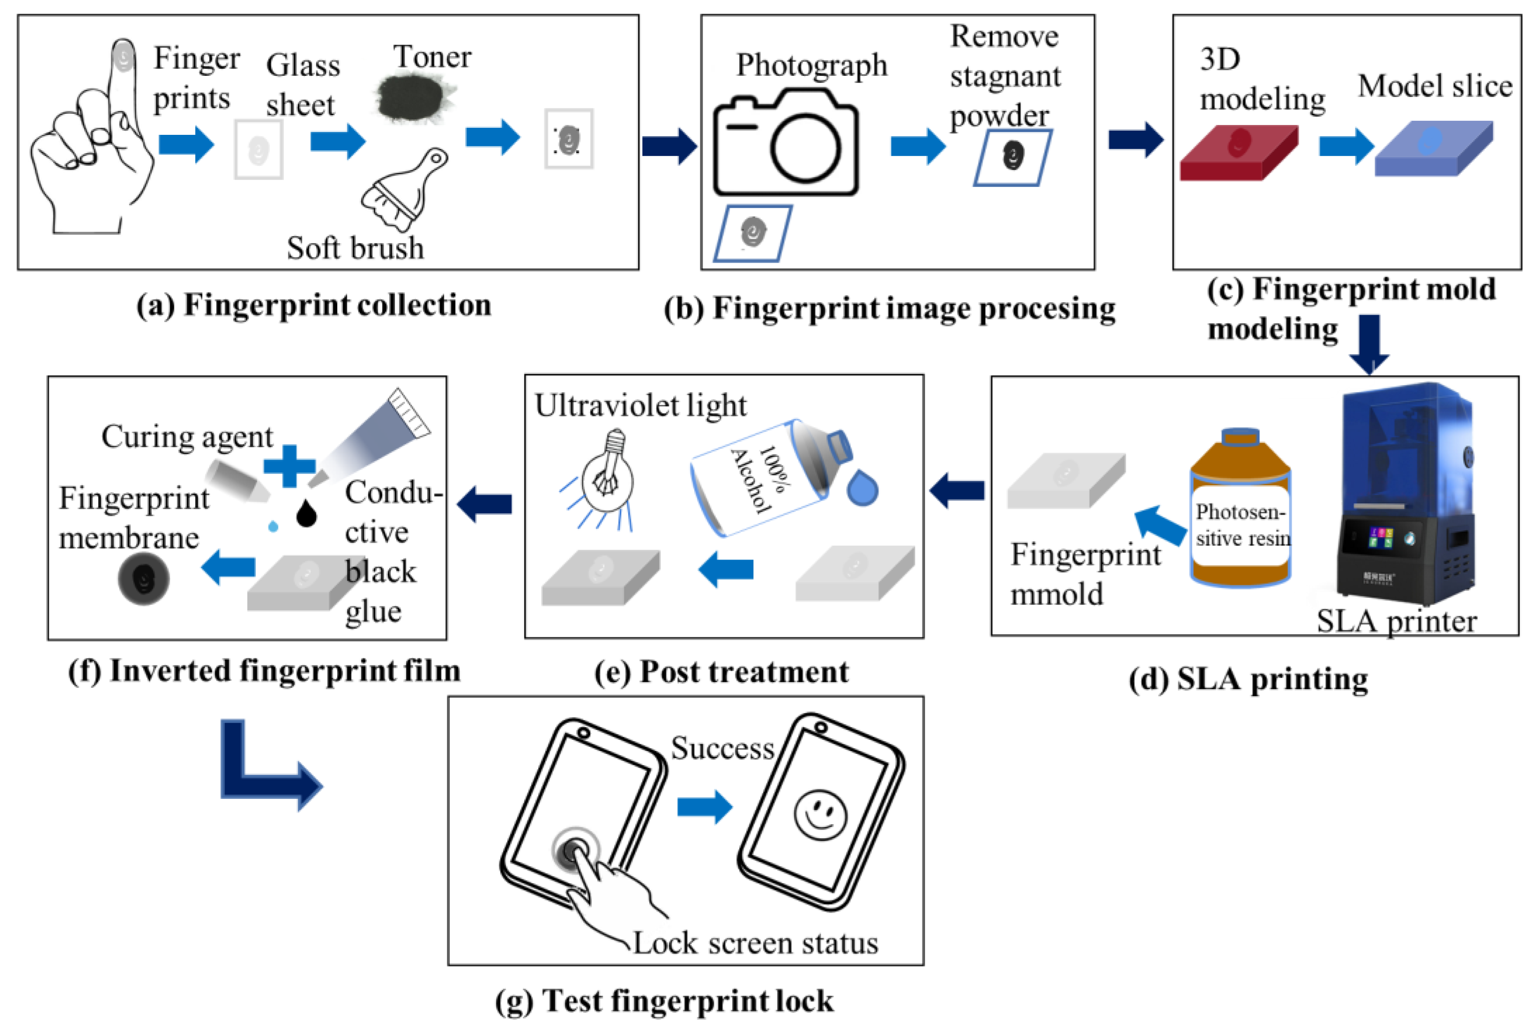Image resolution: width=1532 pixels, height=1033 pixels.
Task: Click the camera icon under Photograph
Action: pos(785,144)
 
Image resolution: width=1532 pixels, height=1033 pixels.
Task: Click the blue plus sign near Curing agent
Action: pos(289,466)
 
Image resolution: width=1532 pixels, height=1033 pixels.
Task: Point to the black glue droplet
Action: pos(306,513)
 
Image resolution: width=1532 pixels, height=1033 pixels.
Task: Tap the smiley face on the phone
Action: pos(820,814)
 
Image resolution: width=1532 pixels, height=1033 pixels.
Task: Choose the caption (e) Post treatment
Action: pos(721,672)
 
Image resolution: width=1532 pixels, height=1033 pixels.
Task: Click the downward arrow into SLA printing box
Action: pos(1368,343)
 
